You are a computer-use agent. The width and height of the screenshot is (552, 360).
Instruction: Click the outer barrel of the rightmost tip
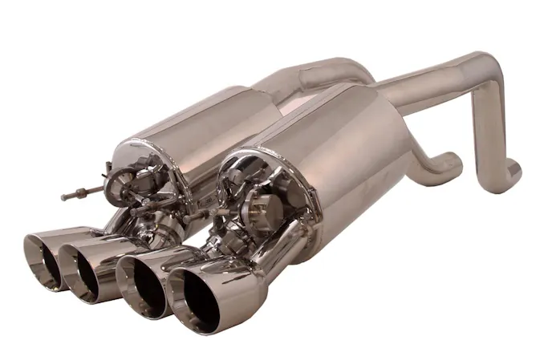point(241,297)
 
